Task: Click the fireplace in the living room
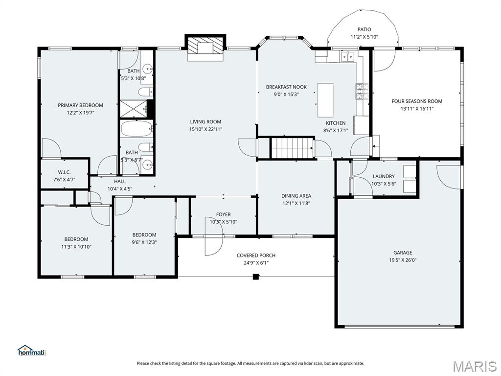click(x=205, y=47)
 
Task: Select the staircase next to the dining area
click(x=292, y=148)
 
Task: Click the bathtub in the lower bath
click(x=137, y=129)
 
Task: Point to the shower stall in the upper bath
click(x=134, y=108)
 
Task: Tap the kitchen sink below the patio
click(x=348, y=57)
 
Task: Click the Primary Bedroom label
click(x=80, y=105)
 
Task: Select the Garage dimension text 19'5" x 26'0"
click(x=403, y=260)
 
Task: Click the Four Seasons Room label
click(x=416, y=101)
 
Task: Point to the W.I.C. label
click(x=64, y=172)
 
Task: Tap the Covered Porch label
click(x=256, y=256)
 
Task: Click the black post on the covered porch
click(x=255, y=277)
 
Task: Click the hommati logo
click(x=31, y=351)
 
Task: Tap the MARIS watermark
click(x=474, y=366)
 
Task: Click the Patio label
click(x=364, y=29)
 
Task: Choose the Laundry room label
click(x=384, y=176)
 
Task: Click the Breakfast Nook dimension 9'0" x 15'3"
click(x=286, y=94)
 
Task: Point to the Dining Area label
click(x=296, y=196)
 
